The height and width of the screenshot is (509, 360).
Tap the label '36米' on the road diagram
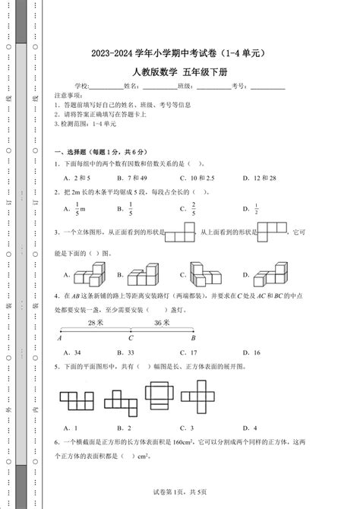pyautogui.click(x=162, y=322)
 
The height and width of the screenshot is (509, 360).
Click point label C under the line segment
pyautogui.click(x=130, y=339)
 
